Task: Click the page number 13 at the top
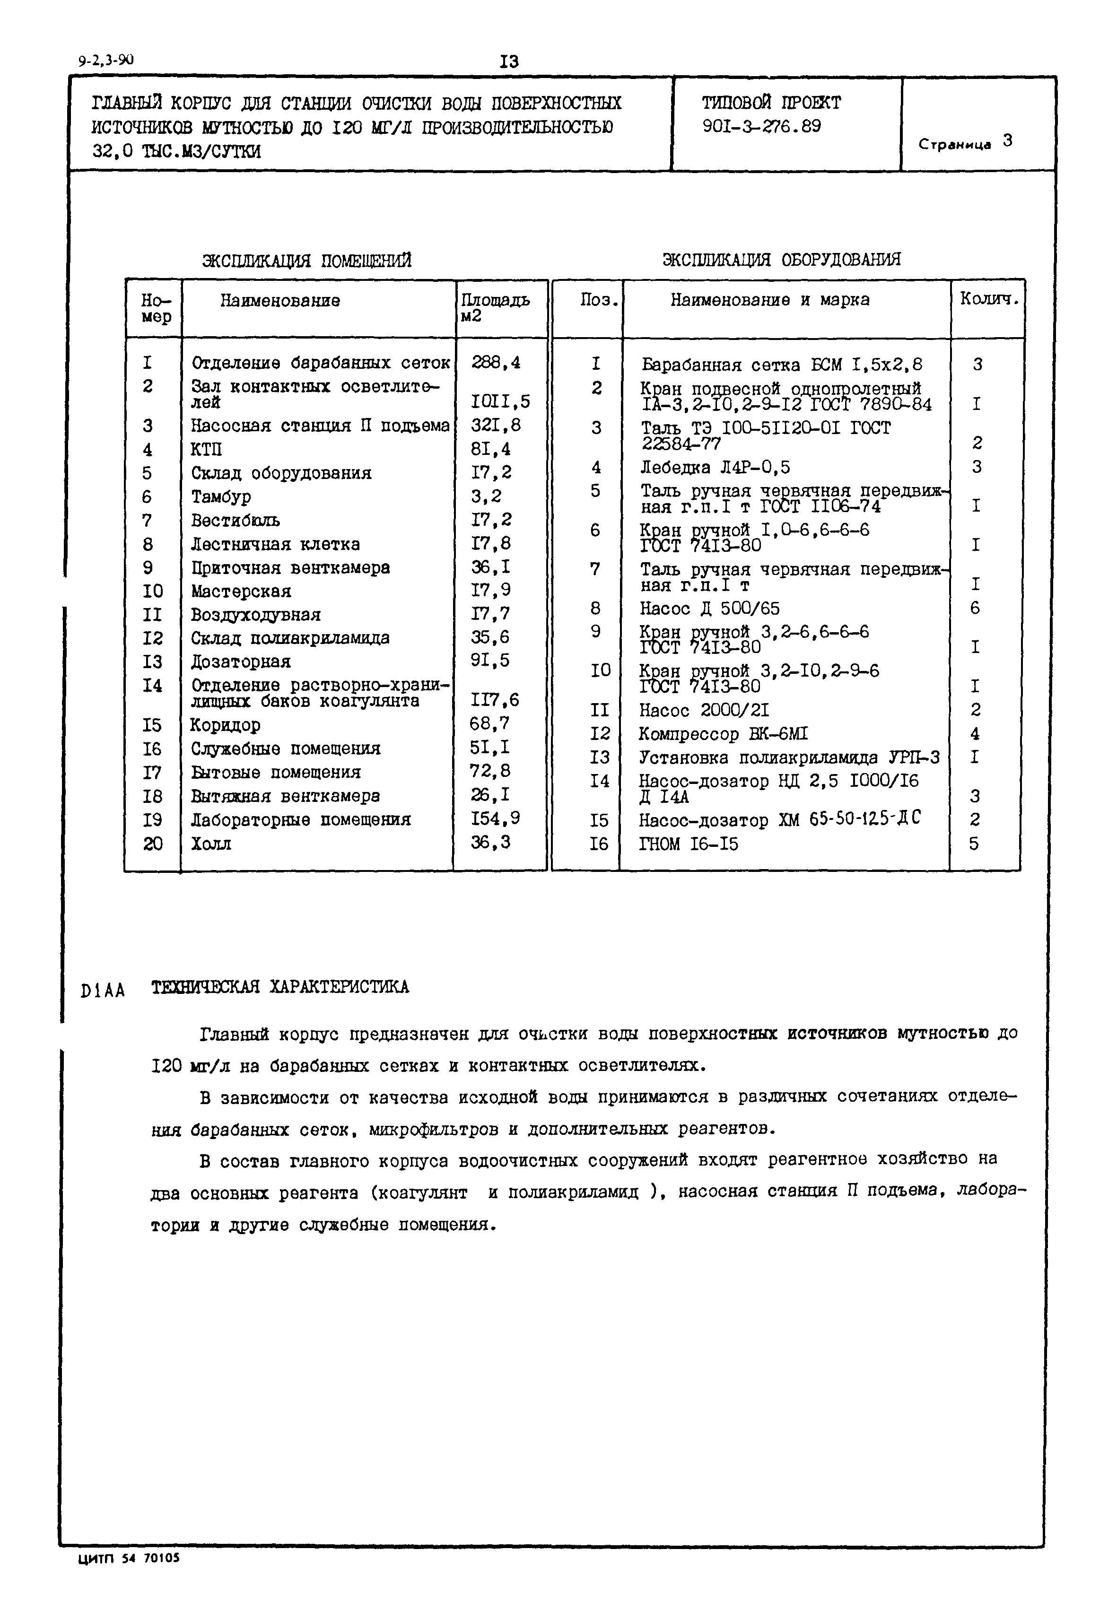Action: tap(509, 61)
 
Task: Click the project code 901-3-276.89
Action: tap(761, 127)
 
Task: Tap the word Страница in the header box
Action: tap(955, 145)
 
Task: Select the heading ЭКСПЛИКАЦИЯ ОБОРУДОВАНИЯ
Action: tap(781, 260)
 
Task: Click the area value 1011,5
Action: tap(500, 401)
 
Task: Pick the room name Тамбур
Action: tap(221, 497)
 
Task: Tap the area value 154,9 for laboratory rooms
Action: tap(496, 818)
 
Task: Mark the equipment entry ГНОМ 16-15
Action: tap(689, 844)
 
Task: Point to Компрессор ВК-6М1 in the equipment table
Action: tap(723, 734)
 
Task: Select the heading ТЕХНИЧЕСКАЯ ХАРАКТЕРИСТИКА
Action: tap(280, 987)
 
